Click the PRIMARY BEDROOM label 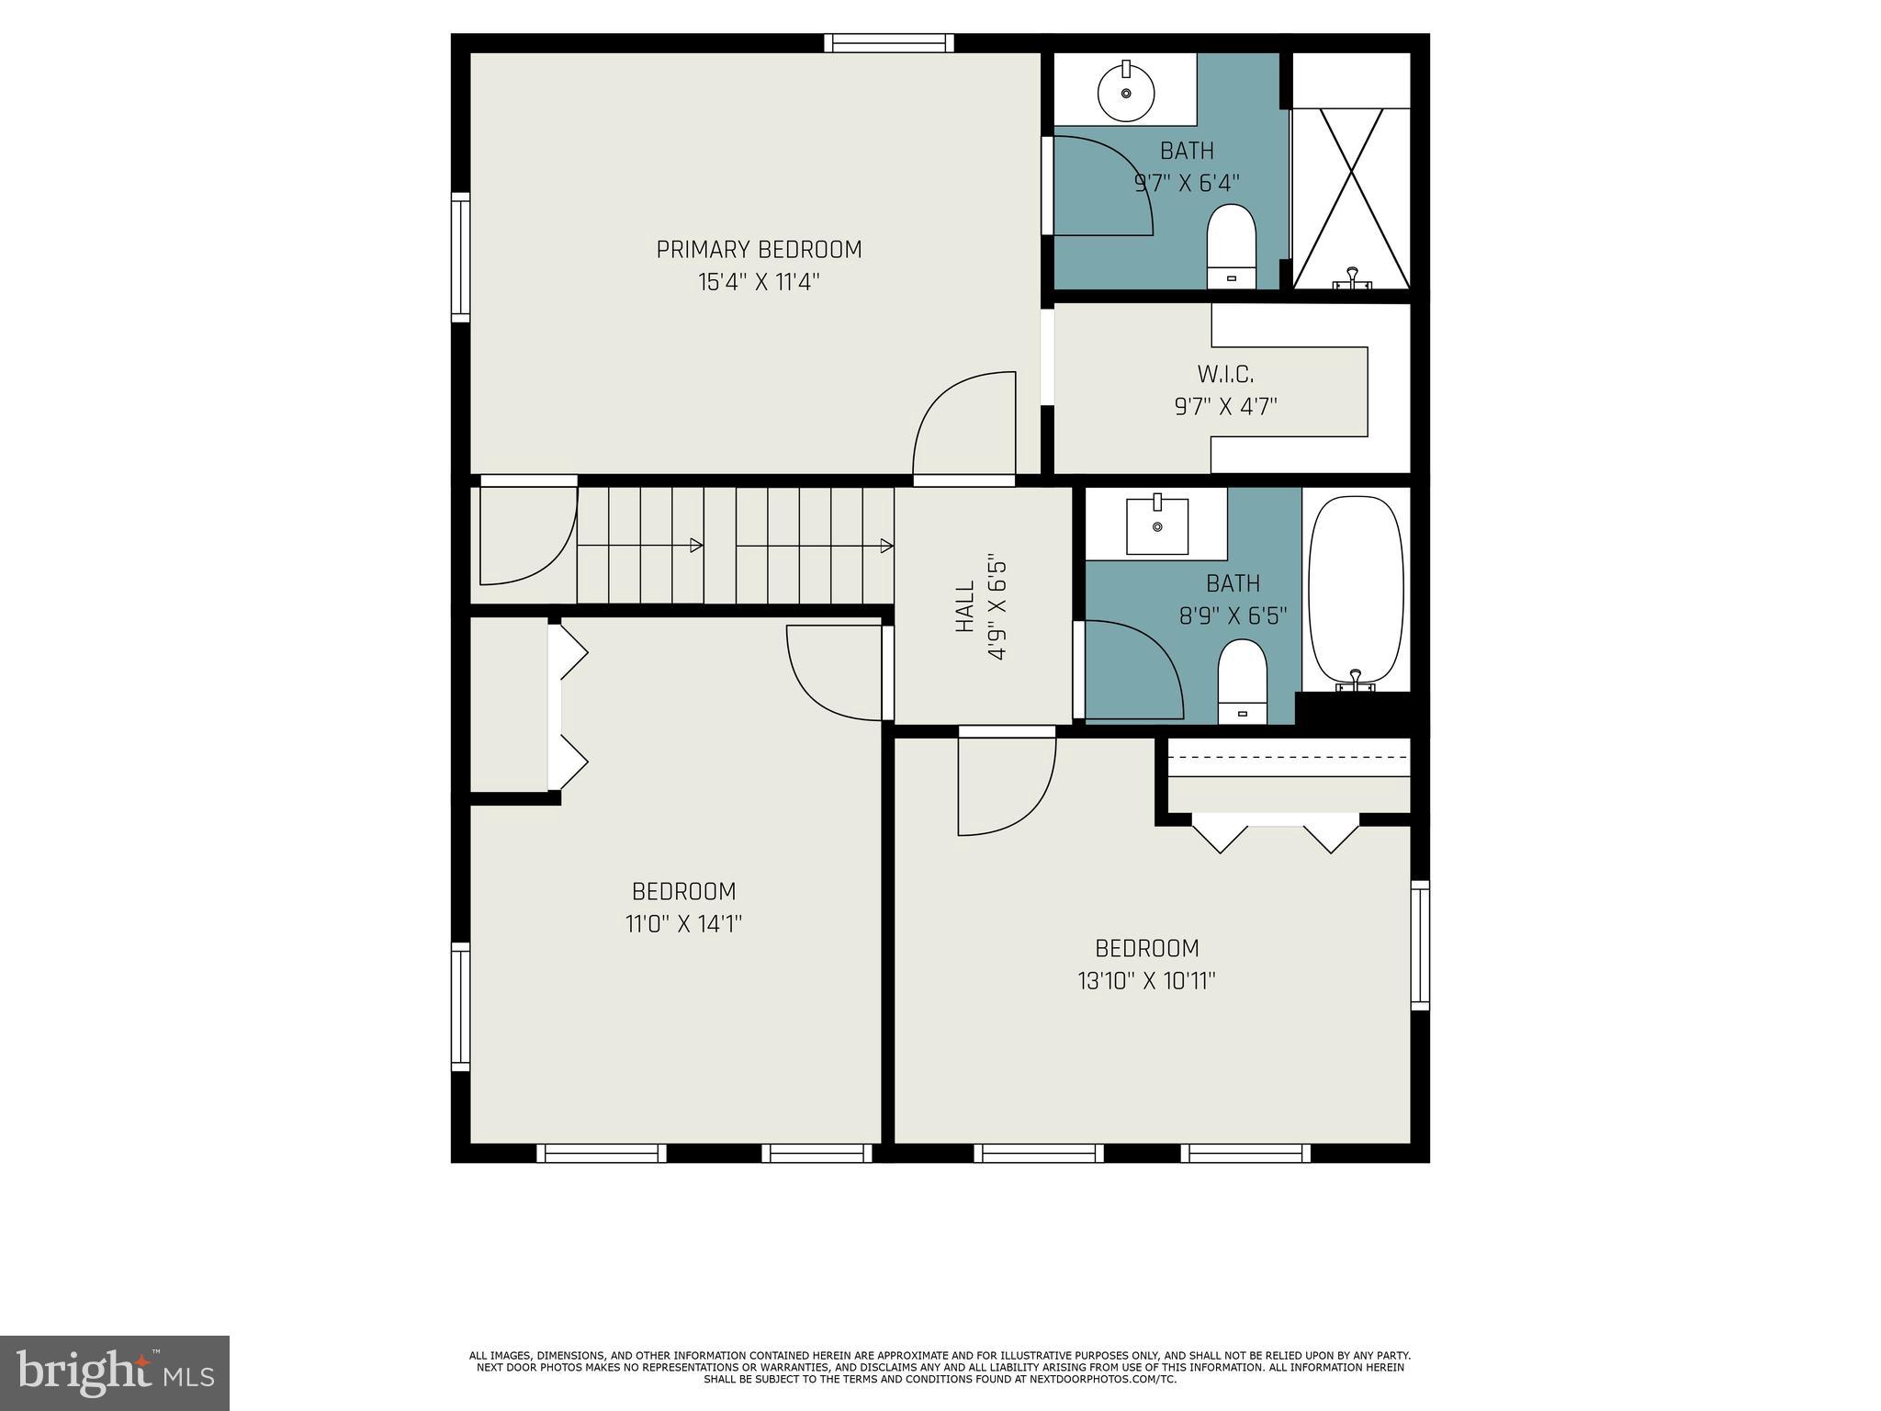click(759, 250)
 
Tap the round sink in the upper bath click(1126, 94)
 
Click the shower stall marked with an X click(1351, 198)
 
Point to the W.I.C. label click(1225, 375)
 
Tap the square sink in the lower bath click(1157, 526)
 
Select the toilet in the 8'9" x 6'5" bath click(1242, 681)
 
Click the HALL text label click(964, 606)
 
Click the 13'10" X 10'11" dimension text click(1146, 981)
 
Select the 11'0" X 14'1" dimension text click(683, 923)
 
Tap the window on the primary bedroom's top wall click(888, 43)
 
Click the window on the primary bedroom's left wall click(460, 257)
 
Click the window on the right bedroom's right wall click(1420, 945)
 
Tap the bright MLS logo click(115, 1372)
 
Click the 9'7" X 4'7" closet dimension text click(1225, 406)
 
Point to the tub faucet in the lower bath click(1355, 681)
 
